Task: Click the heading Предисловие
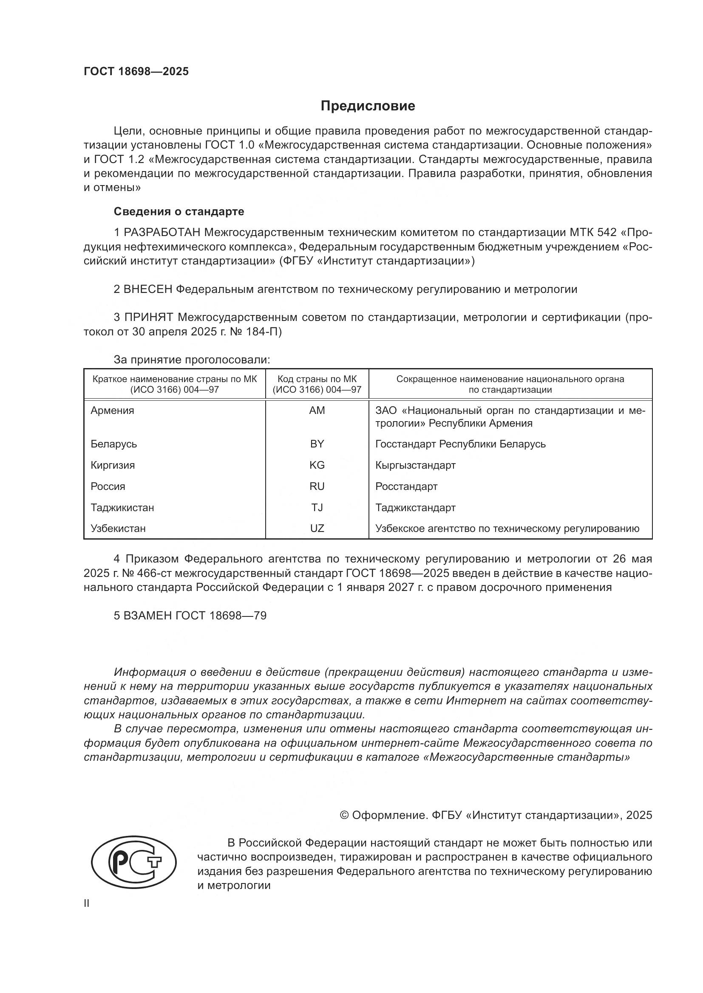[368, 106]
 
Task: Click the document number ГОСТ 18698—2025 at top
[136, 71]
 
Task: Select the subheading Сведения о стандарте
[179, 211]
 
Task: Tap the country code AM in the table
[317, 411]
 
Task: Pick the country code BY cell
[317, 444]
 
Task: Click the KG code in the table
[317, 465]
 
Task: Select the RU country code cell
[317, 486]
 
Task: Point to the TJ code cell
[317, 507]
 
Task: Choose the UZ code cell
[317, 528]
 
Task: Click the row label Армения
[113, 411]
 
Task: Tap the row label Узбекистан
[118, 528]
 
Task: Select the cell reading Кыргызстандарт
[415, 465]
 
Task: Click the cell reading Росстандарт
[406, 486]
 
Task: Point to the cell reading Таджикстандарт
[415, 507]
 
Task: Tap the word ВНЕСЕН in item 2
[148, 289]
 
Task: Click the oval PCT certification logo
[134, 861]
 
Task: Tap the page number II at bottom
[87, 903]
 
